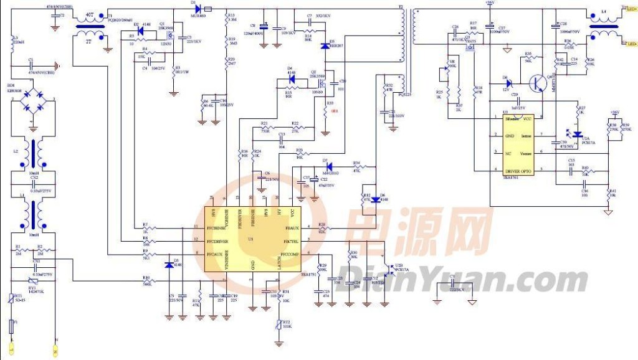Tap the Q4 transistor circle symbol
point(537,82)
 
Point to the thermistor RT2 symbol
point(278,323)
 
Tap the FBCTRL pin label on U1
point(292,242)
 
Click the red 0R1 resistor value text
point(334,111)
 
